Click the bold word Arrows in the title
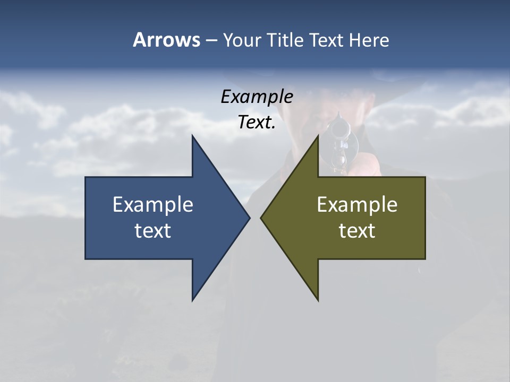click(x=166, y=40)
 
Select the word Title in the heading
click(x=284, y=40)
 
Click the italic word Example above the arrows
click(x=257, y=97)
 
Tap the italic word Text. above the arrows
click(x=257, y=123)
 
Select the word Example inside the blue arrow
click(x=153, y=205)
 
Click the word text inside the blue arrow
click(x=153, y=231)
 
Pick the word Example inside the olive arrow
click(x=357, y=205)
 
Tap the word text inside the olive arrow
click(x=357, y=231)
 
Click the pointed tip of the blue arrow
click(x=249, y=218)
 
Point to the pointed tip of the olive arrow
click(x=261, y=218)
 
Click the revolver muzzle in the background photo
click(x=338, y=129)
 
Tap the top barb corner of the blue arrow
click(x=192, y=136)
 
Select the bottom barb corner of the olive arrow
click(x=318, y=300)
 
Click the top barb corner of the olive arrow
click(x=318, y=136)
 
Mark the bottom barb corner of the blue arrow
click(x=192, y=300)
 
